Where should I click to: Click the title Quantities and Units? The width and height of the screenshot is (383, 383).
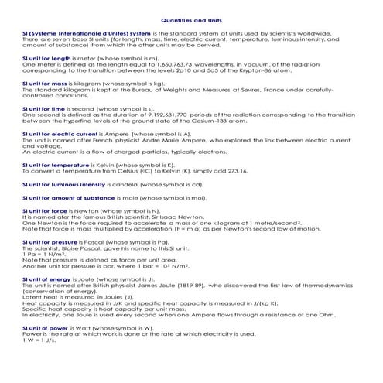pyautogui.click(x=191, y=21)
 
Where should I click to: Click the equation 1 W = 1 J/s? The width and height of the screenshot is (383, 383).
pyautogui.click(x=39, y=341)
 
